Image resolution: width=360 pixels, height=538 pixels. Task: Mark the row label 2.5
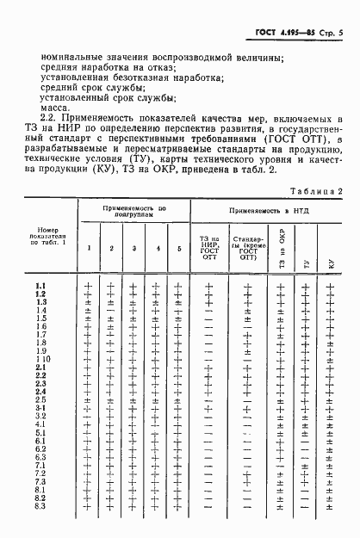[x=40, y=400]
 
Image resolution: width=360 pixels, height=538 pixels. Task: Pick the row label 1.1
[x=40, y=287]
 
